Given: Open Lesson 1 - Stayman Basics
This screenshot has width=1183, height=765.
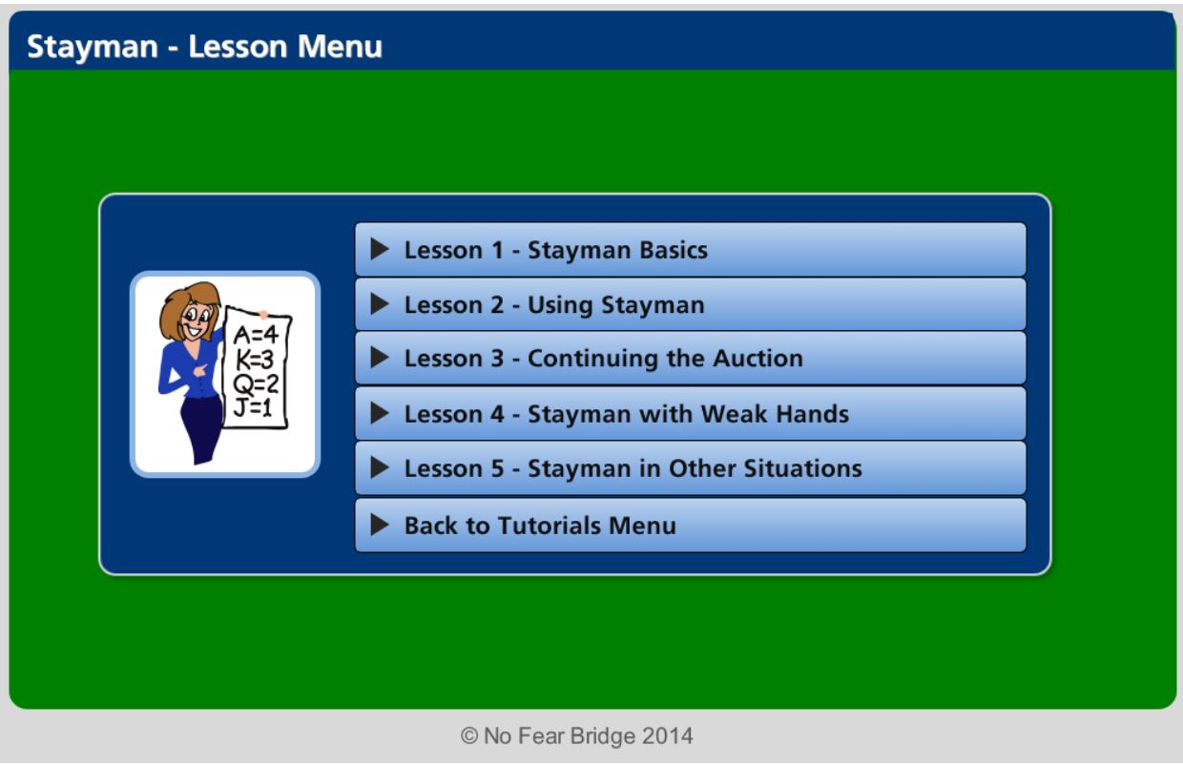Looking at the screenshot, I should click(690, 250).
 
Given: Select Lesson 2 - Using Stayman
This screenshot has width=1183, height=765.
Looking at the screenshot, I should click(690, 305).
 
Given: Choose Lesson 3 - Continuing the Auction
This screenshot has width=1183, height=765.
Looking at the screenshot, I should click(690, 359).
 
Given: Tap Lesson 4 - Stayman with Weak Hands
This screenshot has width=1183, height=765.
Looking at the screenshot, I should click(690, 414).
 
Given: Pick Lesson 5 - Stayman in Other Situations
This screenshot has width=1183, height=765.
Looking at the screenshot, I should click(690, 468).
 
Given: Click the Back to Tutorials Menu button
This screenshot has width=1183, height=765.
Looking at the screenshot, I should click(690, 526).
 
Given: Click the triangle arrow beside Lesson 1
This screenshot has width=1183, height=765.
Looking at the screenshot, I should click(380, 250).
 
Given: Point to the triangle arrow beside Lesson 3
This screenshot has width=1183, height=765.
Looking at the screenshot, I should click(380, 359).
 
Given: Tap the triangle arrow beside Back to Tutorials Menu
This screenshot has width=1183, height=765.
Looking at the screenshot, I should click(380, 526).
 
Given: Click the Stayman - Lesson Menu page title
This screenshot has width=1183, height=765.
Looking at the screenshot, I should click(204, 47).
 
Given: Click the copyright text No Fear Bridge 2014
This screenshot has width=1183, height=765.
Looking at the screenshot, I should click(576, 736).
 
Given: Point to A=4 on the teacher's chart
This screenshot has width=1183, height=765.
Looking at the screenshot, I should click(255, 334).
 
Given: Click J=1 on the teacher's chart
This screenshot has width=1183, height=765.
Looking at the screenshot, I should click(254, 408).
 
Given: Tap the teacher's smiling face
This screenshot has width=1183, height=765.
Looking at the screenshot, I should click(197, 317).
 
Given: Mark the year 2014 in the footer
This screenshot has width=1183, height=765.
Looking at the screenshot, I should click(667, 736).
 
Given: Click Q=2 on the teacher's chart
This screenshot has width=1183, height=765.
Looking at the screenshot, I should click(255, 383).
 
